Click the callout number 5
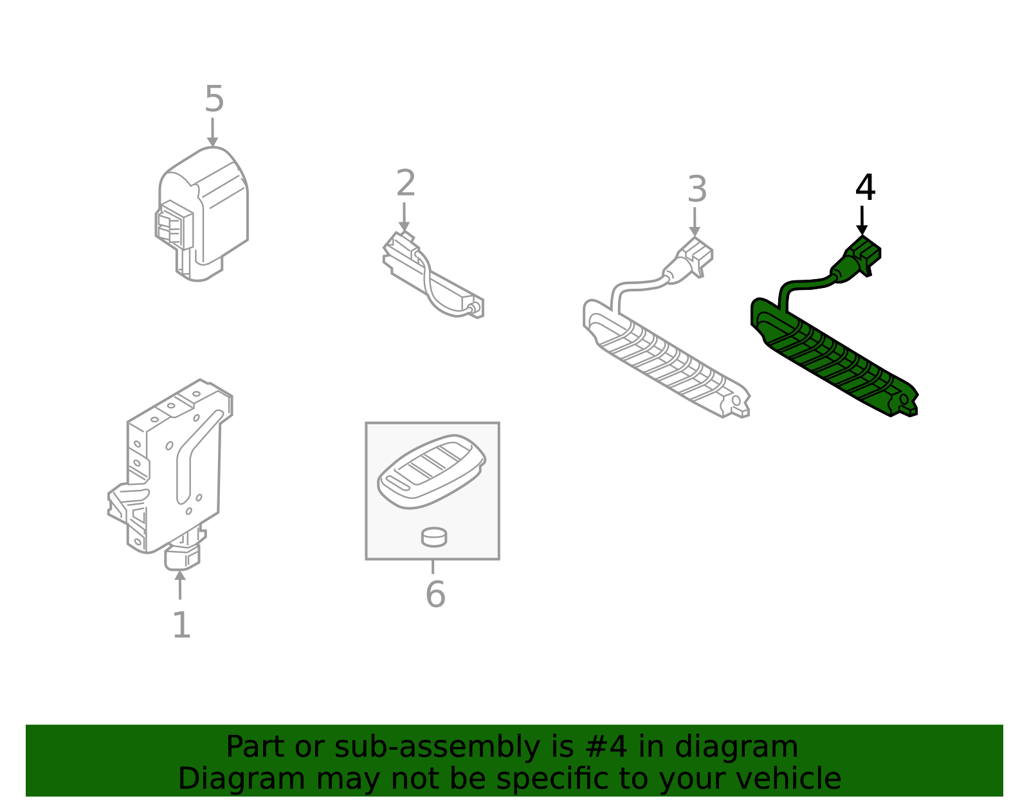tap(214, 99)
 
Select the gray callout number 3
tap(697, 189)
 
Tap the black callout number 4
tap(865, 187)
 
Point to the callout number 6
tap(435, 594)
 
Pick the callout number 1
tap(181, 625)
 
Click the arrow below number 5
tap(213, 132)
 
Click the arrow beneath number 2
tap(404, 217)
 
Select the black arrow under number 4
tap(862, 220)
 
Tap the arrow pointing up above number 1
tap(180, 585)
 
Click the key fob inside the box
tap(432, 471)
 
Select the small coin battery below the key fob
tap(433, 537)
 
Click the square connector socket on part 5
tap(174, 224)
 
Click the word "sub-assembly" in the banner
tap(437, 748)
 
